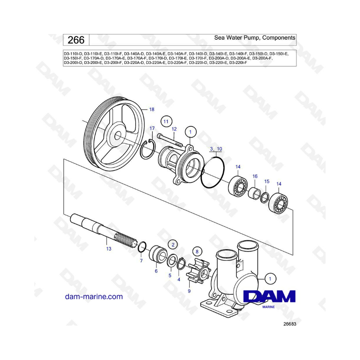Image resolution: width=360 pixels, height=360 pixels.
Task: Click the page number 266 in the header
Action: coord(76,40)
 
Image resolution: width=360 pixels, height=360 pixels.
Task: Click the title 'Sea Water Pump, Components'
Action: coord(255,38)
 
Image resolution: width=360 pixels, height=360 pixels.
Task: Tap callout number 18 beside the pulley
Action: coord(152,109)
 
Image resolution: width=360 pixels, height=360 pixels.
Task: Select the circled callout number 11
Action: coord(166,122)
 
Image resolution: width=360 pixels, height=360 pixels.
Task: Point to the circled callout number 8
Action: coord(197,252)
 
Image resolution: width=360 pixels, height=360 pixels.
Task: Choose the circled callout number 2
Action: coord(173,245)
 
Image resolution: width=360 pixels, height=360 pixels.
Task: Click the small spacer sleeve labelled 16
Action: coord(254,193)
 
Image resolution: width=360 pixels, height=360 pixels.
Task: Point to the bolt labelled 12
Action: coord(170,140)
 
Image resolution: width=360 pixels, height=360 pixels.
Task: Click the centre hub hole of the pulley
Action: coord(118,136)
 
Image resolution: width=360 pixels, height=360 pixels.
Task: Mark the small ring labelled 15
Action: coord(265,198)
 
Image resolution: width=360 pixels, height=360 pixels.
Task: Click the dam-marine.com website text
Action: coord(94,297)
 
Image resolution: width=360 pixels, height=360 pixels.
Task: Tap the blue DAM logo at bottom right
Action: coord(269,296)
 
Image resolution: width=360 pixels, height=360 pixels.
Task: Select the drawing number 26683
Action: coord(290,324)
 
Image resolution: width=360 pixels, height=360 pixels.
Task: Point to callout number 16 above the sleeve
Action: coord(255,176)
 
